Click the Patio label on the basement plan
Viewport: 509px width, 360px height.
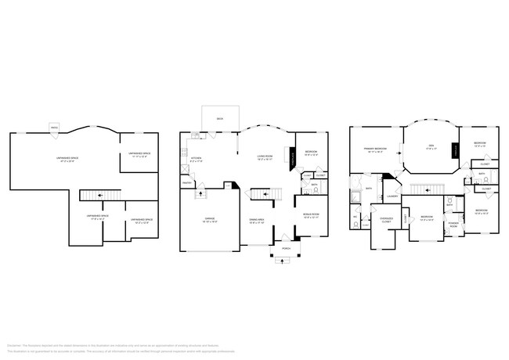coord(54,127)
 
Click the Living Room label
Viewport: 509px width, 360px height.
coord(265,157)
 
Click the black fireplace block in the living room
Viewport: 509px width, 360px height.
coord(294,157)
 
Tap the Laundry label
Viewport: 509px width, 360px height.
coord(392,196)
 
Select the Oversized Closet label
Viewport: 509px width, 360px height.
coord(385,220)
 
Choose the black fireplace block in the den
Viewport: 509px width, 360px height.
coord(455,152)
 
